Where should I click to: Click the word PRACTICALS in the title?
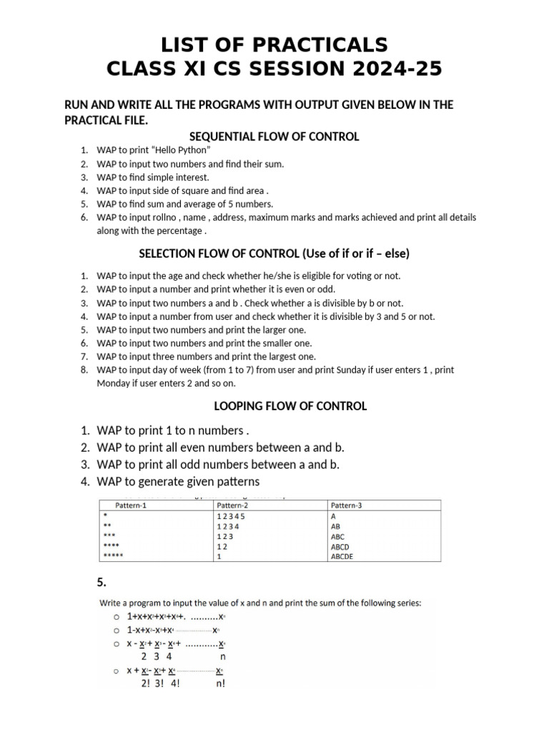click(320, 44)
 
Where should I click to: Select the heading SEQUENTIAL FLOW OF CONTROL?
click(274, 136)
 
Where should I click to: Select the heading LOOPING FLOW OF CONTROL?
click(290, 406)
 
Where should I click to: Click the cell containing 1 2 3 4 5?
click(230, 515)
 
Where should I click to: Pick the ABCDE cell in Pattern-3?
click(342, 556)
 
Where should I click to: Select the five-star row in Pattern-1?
click(114, 556)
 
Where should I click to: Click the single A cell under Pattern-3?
click(334, 515)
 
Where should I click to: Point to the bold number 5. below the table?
click(102, 581)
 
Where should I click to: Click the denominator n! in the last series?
click(219, 684)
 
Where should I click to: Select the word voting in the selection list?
click(357, 276)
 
